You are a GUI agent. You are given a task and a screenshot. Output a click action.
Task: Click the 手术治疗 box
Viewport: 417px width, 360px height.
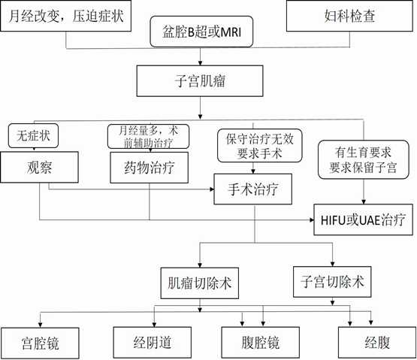coord(252,189)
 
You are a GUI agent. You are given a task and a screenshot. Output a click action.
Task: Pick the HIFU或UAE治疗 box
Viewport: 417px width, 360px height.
coord(363,219)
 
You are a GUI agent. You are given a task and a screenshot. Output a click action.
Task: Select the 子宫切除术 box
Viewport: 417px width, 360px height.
coord(331,282)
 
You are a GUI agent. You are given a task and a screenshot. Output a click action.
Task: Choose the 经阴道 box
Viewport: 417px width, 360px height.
coord(153,343)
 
